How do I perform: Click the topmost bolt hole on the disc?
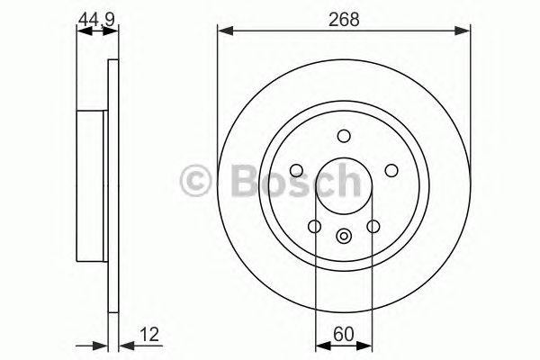coord(344,136)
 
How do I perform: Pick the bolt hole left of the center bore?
coord(296,170)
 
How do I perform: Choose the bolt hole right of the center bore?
coord(391,170)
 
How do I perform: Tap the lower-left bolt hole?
coord(314,227)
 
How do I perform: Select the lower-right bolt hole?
coord(373,227)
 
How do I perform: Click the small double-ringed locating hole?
coord(344,236)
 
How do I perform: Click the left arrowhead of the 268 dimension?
coord(223,31)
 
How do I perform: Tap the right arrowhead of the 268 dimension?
coord(464,31)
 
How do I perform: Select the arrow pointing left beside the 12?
coord(124,344)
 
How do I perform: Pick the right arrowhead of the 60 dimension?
coord(367,344)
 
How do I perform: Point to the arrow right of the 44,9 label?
coord(112,31)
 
